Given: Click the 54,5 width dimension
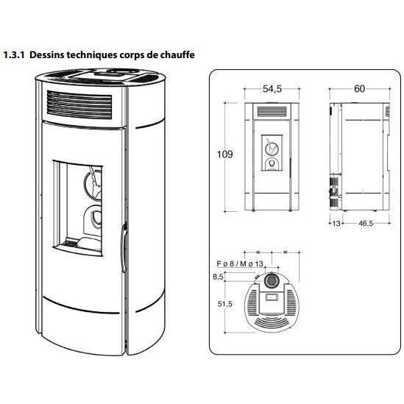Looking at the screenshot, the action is click(272, 89).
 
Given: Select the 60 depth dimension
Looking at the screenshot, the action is click(359, 89).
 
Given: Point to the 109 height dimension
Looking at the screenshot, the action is click(225, 155).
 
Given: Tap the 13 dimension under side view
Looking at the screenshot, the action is click(336, 224).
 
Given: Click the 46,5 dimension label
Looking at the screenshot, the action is click(366, 224).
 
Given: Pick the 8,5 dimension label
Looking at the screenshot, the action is click(218, 277).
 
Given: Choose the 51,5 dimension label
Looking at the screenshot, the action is click(225, 304).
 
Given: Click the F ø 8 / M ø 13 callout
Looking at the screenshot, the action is click(240, 264).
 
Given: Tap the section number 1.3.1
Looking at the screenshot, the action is click(14, 55).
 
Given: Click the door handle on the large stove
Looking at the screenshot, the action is click(124, 247).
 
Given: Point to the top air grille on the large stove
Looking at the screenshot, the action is click(79, 105).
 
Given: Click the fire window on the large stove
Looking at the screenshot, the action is click(78, 208).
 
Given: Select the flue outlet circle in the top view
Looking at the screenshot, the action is click(271, 280).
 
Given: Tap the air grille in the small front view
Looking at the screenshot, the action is click(272, 112).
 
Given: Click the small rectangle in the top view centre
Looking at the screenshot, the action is click(272, 297).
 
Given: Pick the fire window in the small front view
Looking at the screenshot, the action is click(272, 153).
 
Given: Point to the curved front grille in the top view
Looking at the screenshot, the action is click(272, 322).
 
